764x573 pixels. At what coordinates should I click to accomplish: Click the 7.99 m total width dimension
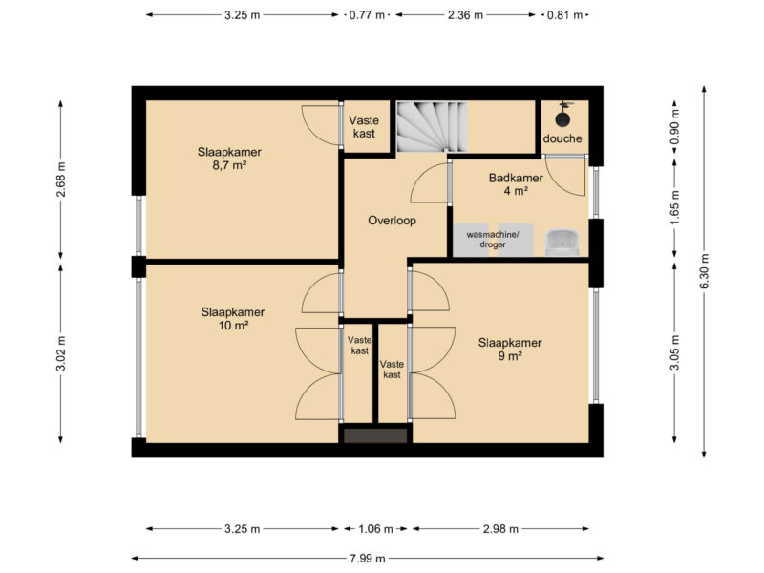[368, 559]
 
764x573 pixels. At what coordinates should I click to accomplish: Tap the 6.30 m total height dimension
[704, 271]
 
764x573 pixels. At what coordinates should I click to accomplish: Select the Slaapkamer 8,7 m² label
[229, 159]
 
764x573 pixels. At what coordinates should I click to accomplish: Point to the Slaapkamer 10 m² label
[233, 319]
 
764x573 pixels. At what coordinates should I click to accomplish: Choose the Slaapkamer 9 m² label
[510, 350]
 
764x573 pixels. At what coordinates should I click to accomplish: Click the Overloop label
[392, 221]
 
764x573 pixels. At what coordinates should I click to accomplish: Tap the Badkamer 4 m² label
[516, 184]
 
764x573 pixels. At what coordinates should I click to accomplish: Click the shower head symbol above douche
[562, 115]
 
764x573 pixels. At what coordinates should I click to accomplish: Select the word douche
[562, 138]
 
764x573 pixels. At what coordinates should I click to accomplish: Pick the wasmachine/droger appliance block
[493, 240]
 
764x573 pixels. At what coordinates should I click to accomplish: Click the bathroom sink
[562, 243]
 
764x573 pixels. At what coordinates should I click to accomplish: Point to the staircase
[432, 127]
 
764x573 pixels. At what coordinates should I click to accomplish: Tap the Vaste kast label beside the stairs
[364, 127]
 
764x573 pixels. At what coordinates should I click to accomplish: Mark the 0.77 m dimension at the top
[368, 15]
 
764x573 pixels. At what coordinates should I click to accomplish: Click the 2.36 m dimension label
[465, 15]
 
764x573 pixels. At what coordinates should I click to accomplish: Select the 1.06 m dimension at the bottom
[375, 529]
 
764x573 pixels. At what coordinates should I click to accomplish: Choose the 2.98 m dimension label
[500, 529]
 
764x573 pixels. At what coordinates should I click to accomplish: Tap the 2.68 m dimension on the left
[61, 180]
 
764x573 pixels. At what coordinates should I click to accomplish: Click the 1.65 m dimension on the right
[675, 207]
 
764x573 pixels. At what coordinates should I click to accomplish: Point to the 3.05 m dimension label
[675, 352]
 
